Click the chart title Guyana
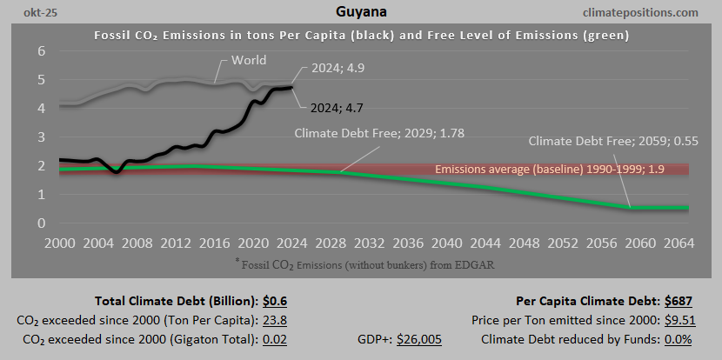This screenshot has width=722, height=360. [x=360, y=13]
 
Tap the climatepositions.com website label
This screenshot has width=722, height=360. [x=642, y=13]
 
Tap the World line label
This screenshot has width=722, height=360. [x=249, y=61]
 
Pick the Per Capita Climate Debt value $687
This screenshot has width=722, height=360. [x=679, y=302]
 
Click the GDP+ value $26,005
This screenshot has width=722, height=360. [x=419, y=338]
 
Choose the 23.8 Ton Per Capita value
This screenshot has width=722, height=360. [x=276, y=320]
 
